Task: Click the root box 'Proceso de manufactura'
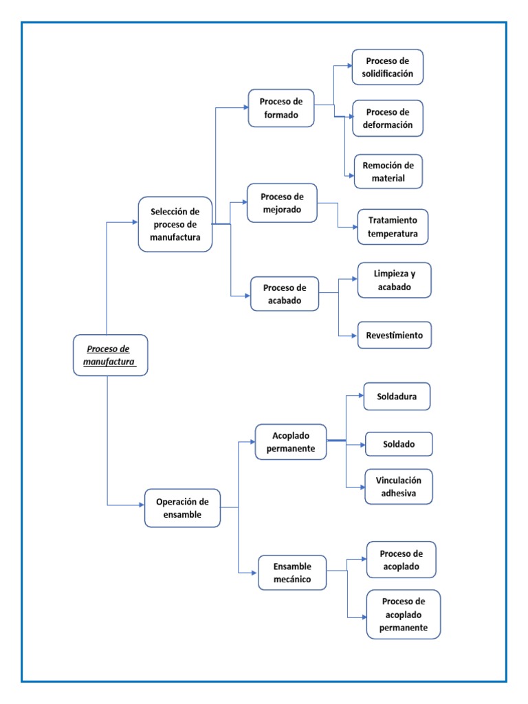(x=110, y=355)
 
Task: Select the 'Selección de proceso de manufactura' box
(x=175, y=224)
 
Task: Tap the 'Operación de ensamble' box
(x=182, y=508)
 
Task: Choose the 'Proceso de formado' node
(x=280, y=108)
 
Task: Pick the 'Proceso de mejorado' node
(x=282, y=203)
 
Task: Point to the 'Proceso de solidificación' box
(x=388, y=67)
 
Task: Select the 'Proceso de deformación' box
(x=388, y=118)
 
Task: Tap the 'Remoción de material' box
(x=388, y=171)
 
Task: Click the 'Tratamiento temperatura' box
(x=393, y=227)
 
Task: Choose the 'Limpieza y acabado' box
(x=394, y=280)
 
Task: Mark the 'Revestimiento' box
(x=394, y=335)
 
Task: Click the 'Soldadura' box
(x=397, y=397)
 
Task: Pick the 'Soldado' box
(x=399, y=444)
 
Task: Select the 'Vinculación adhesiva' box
(x=399, y=487)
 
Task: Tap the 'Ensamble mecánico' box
(x=291, y=573)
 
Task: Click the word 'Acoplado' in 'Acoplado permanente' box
(x=291, y=436)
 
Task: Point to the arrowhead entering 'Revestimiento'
(x=353, y=335)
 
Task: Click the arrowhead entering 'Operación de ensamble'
(x=140, y=506)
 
